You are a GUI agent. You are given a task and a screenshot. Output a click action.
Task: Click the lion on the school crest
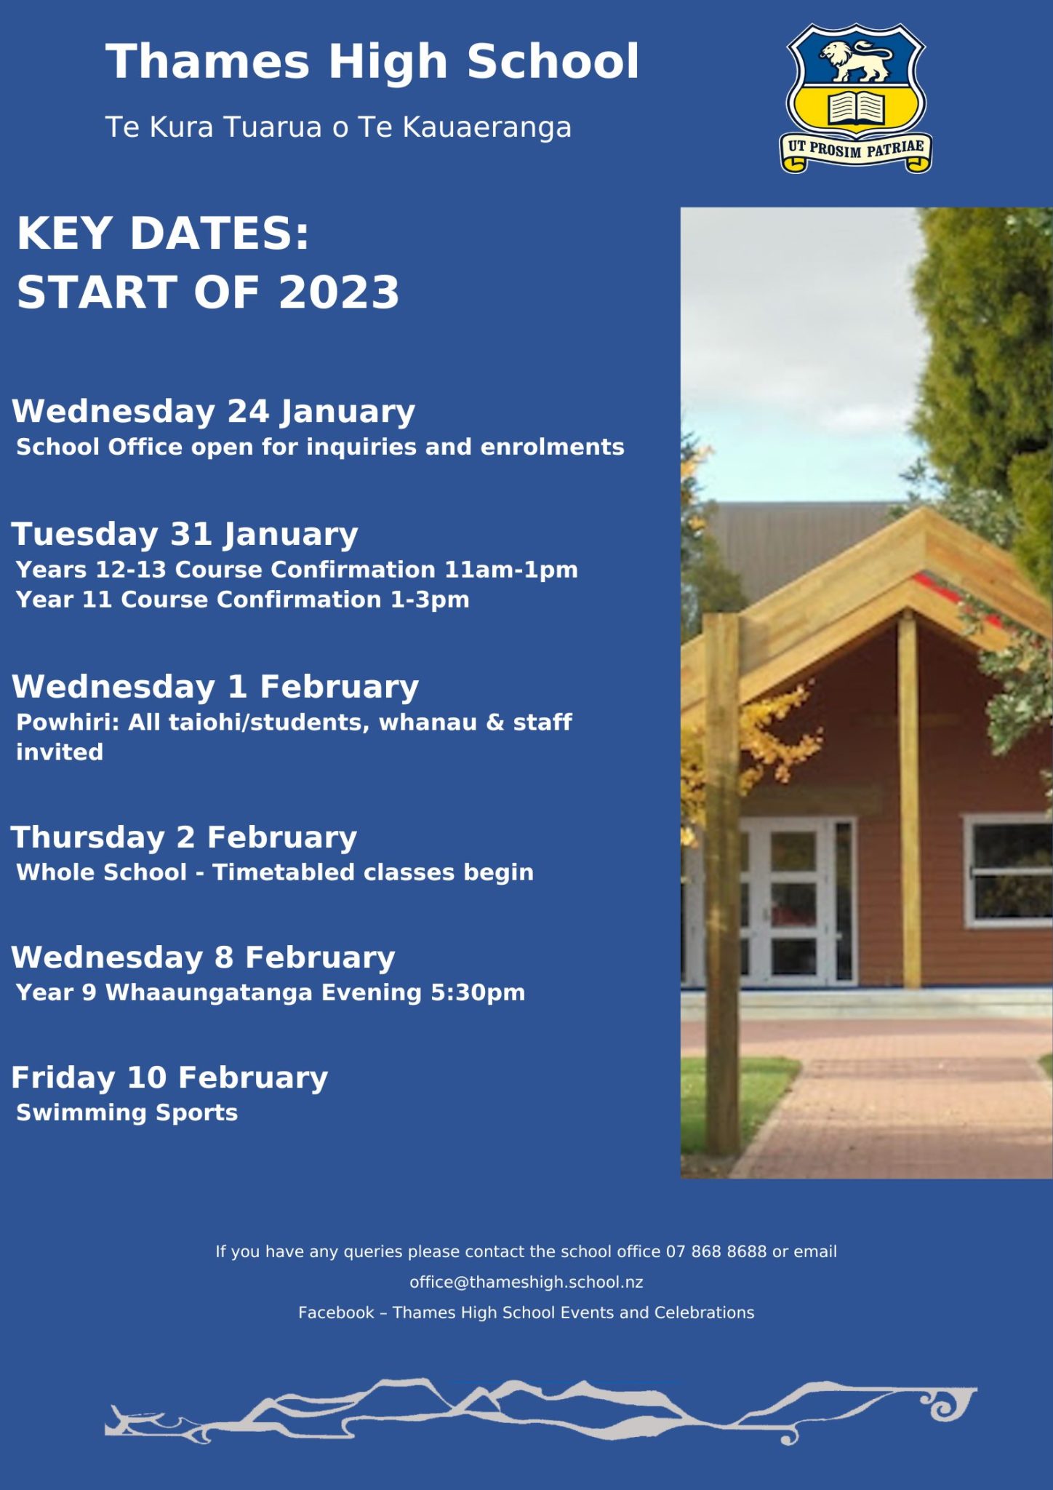coord(855,60)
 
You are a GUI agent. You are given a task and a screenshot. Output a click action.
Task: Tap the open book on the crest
coord(856,108)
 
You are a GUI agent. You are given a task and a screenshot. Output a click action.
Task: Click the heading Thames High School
coord(372,62)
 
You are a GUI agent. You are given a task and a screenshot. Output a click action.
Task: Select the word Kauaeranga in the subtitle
coord(487,127)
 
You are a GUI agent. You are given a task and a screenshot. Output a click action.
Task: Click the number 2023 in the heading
coord(339,292)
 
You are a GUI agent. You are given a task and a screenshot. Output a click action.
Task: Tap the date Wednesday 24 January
coord(213,412)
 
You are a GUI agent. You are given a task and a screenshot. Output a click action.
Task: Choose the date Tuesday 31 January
coord(185,535)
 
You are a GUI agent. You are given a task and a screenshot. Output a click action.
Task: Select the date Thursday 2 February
coord(184,837)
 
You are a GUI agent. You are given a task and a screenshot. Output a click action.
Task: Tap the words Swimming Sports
coord(127,1113)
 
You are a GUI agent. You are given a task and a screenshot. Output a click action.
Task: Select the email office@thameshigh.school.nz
coord(526,1282)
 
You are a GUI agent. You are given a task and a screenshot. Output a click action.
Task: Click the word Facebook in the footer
coord(336,1312)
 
